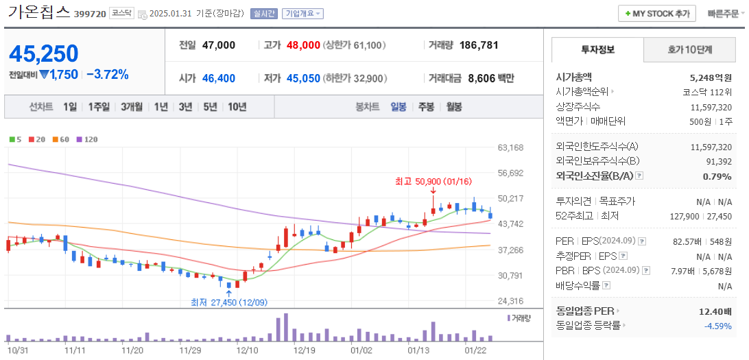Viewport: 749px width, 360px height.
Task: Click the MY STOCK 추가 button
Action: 656,14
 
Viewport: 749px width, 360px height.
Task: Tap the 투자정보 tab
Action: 597,50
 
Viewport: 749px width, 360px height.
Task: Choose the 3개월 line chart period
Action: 131,107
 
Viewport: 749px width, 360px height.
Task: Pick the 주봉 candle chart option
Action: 426,107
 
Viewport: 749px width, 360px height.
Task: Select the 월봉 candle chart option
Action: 453,107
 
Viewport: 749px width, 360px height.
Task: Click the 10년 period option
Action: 237,107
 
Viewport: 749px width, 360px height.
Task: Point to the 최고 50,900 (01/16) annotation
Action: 433,182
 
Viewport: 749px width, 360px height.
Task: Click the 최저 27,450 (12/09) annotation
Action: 228,302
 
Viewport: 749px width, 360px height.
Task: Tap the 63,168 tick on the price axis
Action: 510,147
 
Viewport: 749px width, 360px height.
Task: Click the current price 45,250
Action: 44,53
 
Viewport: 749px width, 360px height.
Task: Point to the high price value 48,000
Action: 303,45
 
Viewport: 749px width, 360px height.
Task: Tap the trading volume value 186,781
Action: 479,45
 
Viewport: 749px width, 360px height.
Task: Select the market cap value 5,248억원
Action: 711,77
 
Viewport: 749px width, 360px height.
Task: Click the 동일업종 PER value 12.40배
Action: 715,311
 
